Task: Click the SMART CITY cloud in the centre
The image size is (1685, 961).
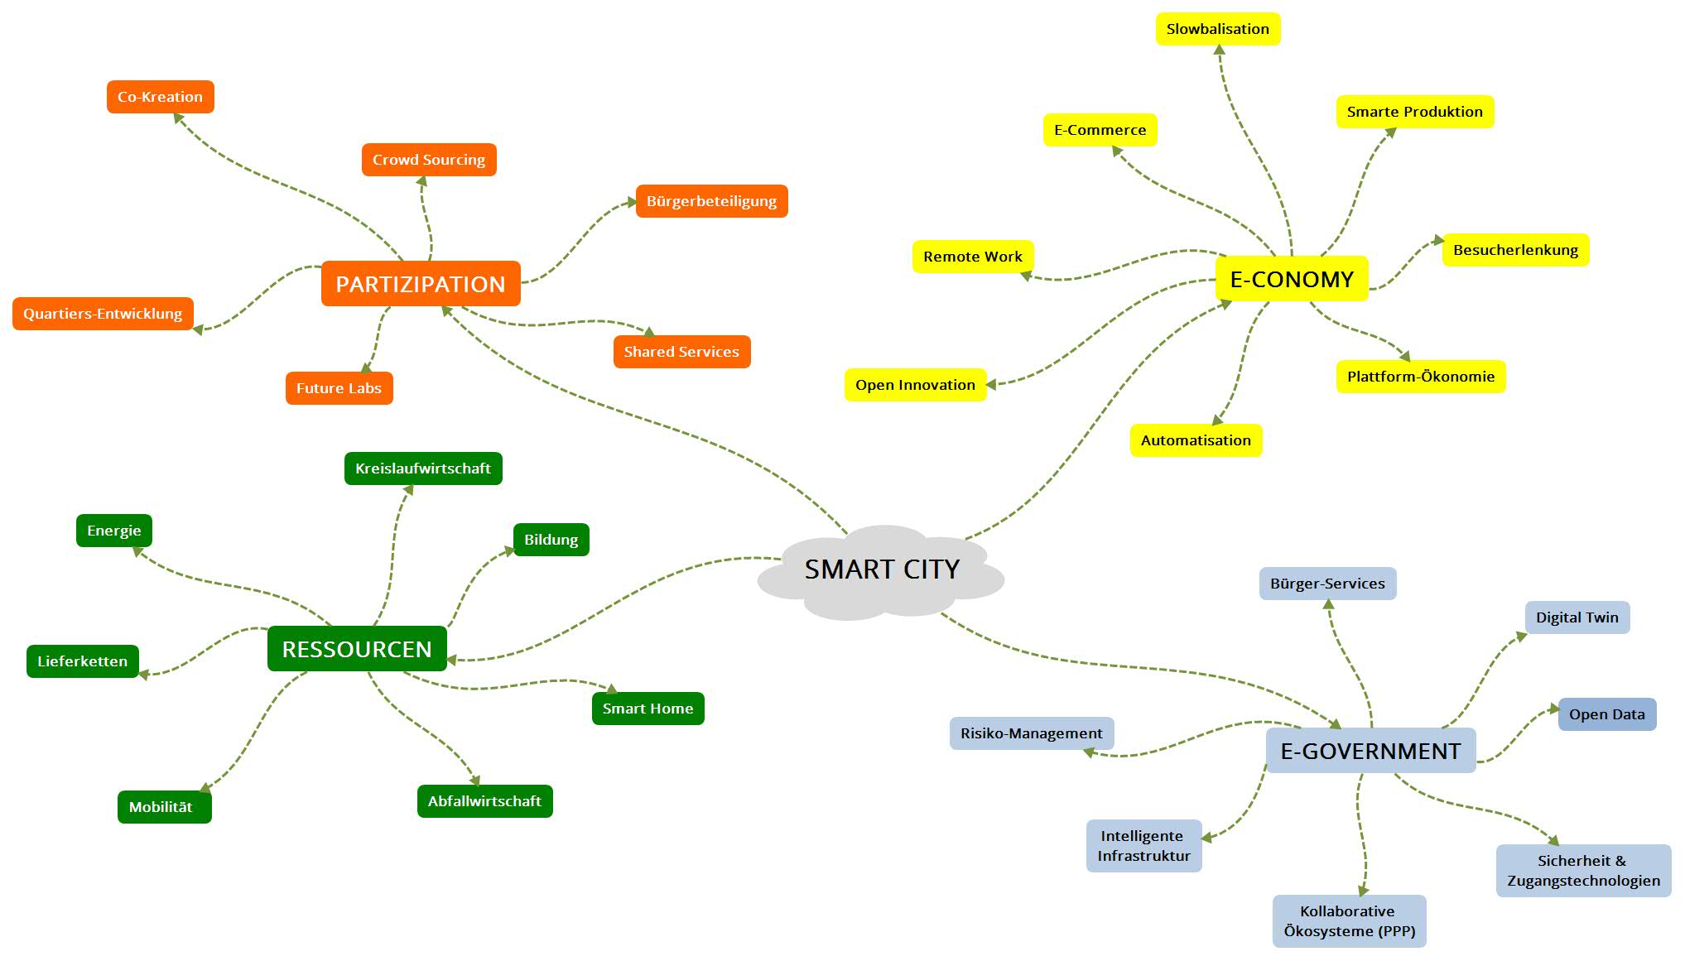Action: point(881,570)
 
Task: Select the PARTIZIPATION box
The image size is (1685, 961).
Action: point(421,284)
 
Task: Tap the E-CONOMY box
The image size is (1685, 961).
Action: point(1292,279)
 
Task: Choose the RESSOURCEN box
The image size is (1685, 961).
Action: point(357,649)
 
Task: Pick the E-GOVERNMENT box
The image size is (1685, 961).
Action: point(1370,751)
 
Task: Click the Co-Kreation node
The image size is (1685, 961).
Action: point(160,97)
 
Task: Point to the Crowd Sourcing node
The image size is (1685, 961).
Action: point(429,160)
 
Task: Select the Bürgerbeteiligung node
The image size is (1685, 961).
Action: point(711,201)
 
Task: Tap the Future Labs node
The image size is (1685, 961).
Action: point(339,388)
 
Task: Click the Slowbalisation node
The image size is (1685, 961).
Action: point(1217,29)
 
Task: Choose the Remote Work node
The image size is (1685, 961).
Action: point(973,257)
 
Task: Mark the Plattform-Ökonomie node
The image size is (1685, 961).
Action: point(1420,377)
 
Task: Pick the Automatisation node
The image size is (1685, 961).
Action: point(1196,440)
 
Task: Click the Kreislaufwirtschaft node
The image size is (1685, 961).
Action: point(423,468)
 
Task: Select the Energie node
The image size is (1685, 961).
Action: point(114,531)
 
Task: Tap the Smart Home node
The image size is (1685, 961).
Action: point(648,709)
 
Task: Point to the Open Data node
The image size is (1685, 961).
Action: point(1606,714)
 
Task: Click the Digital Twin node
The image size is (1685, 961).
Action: point(1577,617)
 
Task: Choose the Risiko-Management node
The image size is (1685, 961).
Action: point(1031,733)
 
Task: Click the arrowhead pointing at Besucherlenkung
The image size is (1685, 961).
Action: point(1438,241)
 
